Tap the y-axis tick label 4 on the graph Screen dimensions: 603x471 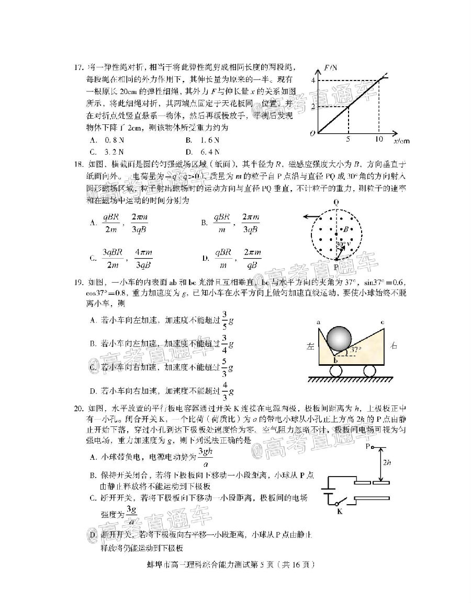click(x=313, y=80)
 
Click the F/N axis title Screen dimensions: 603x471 click(x=330, y=67)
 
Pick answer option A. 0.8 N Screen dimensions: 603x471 click(x=107, y=141)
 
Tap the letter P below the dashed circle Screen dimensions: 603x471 click(x=337, y=268)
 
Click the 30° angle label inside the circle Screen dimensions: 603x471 click(x=340, y=243)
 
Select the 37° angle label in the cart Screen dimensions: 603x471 click(x=356, y=350)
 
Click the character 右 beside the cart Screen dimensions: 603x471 click(x=394, y=345)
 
